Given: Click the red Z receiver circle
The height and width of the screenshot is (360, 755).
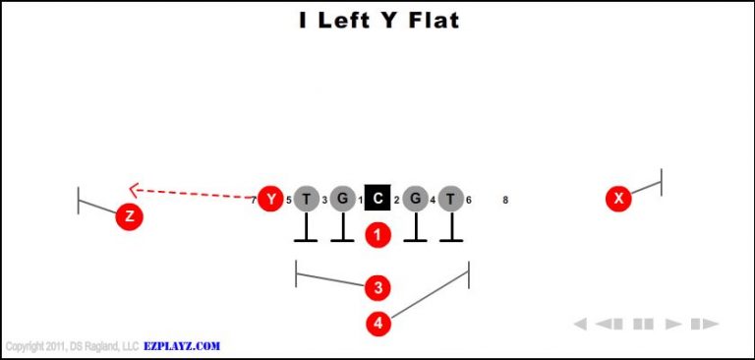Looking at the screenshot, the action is pos(129,216).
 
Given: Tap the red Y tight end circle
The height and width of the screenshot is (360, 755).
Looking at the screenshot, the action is pos(270,200).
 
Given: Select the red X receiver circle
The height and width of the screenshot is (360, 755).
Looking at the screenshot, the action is pos(618,199).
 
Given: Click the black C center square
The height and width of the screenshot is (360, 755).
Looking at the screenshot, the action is pos(378,199).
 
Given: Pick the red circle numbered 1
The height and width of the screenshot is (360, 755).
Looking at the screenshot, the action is pos(378,235).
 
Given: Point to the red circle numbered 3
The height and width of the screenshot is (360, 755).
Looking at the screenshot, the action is pos(378,287).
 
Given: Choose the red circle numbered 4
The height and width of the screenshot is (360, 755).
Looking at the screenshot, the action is pos(378,323).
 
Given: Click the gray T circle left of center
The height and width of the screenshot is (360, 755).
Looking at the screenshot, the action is pos(307,200).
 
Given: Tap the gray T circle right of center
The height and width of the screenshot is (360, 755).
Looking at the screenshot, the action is pos(450,200).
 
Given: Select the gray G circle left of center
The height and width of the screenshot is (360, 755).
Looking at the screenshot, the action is pos(342,200).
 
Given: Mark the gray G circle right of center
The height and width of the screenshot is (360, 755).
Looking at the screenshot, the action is pos(415,200).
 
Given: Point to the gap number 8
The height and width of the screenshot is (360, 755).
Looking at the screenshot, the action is pos(505,201).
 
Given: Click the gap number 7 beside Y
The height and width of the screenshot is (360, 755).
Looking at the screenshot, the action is pos(254,201).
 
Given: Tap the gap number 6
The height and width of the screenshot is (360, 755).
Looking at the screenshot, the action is pos(469,201).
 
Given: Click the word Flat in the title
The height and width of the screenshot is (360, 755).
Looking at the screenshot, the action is pos(430,20).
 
